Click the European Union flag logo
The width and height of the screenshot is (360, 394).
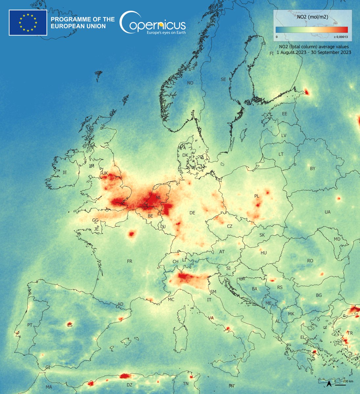click(28, 22)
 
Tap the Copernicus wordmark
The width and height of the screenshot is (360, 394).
click(153, 24)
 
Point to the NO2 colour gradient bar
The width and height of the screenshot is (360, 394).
click(311, 30)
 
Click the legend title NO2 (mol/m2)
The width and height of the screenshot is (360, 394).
click(311, 15)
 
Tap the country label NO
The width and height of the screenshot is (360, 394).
click(190, 83)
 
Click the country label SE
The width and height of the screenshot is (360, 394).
click(223, 79)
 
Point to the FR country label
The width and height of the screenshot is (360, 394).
click(129, 261)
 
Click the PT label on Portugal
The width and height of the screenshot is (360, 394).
click(30, 325)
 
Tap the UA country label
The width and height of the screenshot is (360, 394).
click(327, 212)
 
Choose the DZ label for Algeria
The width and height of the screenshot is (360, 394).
click(129, 385)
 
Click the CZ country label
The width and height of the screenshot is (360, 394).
click(230, 227)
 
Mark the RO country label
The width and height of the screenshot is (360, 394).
click(310, 261)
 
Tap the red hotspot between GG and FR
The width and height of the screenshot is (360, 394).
click(132, 234)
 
